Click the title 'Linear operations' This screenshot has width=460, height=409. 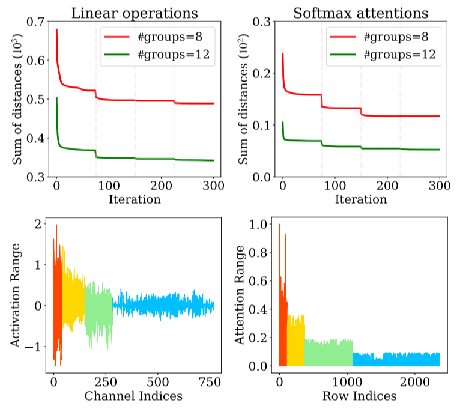(x=135, y=12)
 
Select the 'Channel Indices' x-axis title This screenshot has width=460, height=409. (x=134, y=396)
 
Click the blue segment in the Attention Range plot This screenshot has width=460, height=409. (x=396, y=360)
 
